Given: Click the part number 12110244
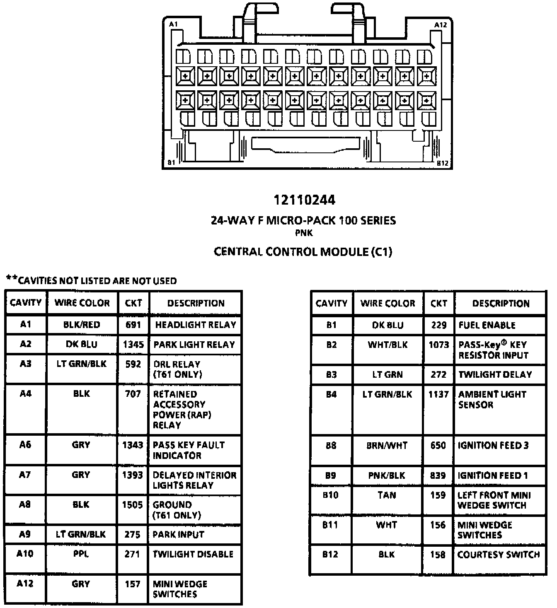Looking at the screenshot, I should (x=304, y=200).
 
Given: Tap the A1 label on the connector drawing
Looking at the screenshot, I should (x=173, y=24).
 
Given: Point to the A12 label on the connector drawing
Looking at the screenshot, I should (x=440, y=25).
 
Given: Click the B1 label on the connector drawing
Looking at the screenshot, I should (x=172, y=162).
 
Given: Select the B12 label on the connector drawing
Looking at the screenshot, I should (x=442, y=163).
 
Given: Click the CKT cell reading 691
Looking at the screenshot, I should (x=133, y=325).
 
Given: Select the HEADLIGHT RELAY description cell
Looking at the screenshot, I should (x=195, y=325).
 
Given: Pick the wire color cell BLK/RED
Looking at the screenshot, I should (x=82, y=325).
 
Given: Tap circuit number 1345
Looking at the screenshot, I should (x=133, y=344).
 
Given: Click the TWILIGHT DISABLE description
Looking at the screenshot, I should (x=193, y=554).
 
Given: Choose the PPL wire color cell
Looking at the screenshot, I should (x=81, y=554).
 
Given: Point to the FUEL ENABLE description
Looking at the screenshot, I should (x=487, y=325).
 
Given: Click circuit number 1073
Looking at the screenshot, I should (x=438, y=345).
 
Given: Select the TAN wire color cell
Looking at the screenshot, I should (x=387, y=495).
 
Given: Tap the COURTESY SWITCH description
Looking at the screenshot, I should (x=499, y=555).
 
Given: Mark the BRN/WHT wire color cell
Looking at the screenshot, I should (x=387, y=446).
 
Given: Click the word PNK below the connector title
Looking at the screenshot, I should (x=304, y=233).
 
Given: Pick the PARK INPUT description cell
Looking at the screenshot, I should (x=178, y=535).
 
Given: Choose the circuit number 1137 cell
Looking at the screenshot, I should (x=438, y=394).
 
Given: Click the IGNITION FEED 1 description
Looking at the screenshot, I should (x=492, y=475).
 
